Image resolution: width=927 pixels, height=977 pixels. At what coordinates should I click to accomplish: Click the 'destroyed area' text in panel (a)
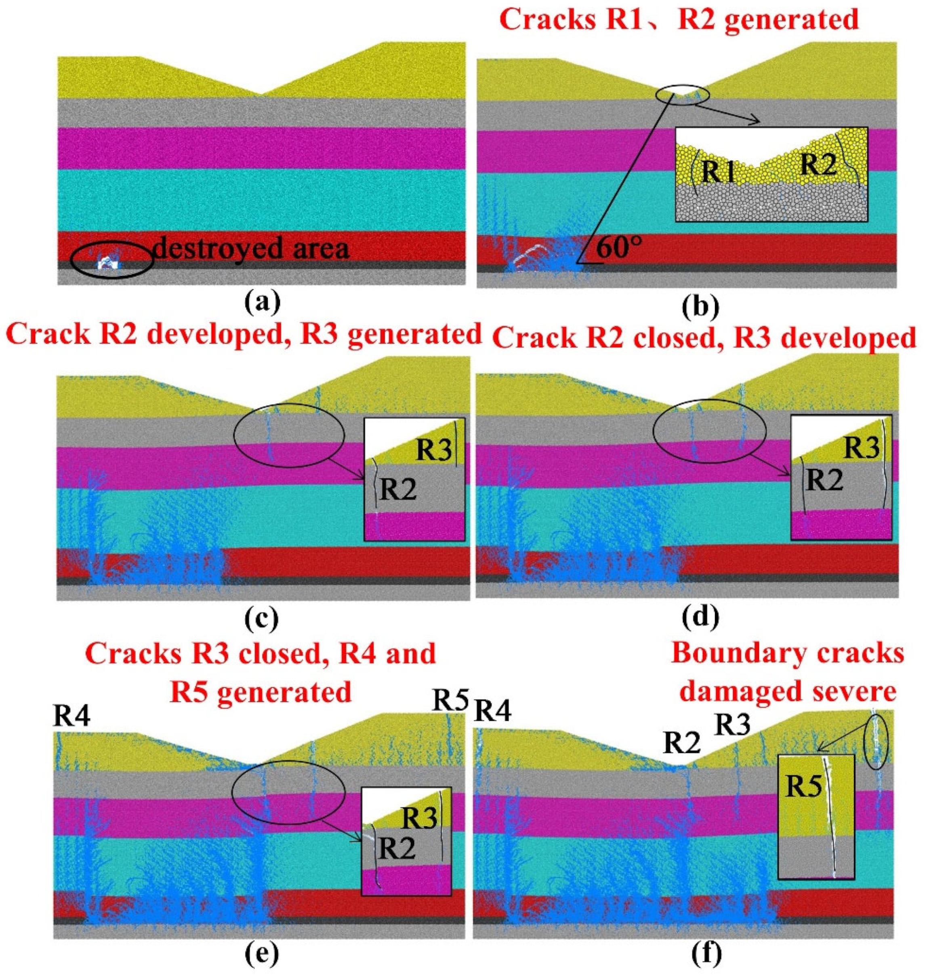tap(252, 247)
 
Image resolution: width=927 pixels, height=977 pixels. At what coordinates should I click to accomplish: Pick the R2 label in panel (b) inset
tap(819, 164)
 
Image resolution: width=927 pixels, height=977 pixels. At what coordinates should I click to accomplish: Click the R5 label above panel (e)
tap(450, 699)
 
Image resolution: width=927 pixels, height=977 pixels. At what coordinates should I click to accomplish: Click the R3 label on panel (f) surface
tap(733, 725)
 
